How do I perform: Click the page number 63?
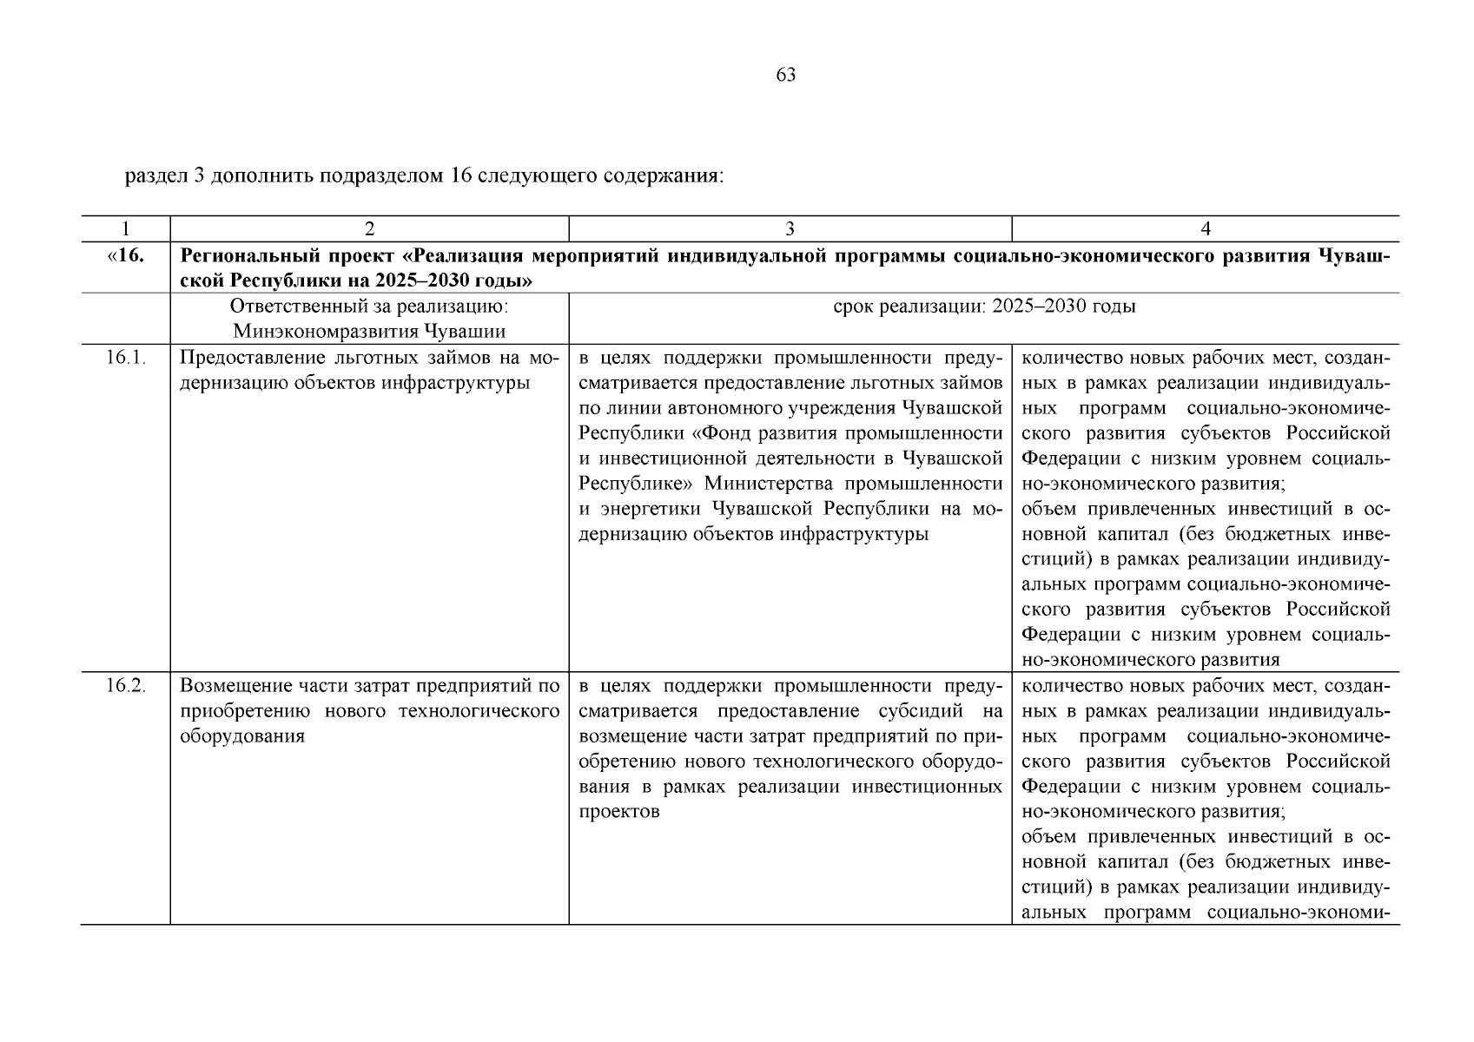785,75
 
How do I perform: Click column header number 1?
125,229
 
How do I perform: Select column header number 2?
369,229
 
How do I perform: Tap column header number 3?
790,229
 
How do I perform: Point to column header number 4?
1205,229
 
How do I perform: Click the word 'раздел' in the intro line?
154,176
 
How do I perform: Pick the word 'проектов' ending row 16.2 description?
618,812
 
